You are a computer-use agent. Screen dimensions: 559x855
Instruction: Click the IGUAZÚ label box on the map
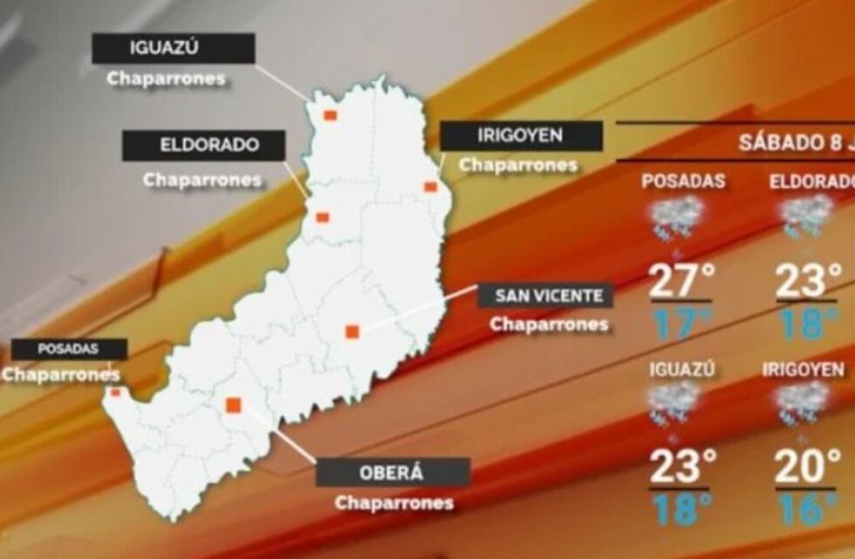coord(174,48)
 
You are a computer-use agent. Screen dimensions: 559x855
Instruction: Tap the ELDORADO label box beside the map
coord(203,145)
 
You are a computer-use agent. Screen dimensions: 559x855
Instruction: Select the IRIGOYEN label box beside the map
coord(521,135)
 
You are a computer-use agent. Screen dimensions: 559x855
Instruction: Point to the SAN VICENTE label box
coord(545,295)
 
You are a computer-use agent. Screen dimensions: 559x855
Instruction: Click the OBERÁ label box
coord(393,473)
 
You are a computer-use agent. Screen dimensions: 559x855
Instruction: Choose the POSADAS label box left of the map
coord(69,349)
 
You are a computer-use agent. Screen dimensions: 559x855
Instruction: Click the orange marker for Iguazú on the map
coord(331,115)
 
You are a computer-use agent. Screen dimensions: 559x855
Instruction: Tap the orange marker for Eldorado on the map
coord(322,217)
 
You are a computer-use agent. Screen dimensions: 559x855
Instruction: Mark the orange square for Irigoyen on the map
coord(430,186)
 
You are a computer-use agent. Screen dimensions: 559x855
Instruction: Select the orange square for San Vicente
coord(352,332)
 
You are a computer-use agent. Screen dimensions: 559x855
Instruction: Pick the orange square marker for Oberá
coord(233,405)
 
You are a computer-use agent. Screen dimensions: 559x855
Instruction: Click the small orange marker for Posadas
coord(115,393)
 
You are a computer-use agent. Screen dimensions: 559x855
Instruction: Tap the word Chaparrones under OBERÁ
coord(393,503)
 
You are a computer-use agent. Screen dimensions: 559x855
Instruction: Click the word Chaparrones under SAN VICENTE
coord(548,324)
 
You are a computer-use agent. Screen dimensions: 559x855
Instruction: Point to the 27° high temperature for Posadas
coord(681,281)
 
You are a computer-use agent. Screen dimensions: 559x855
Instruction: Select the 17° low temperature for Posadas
coord(681,323)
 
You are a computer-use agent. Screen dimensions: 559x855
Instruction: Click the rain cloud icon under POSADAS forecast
coord(676,216)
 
